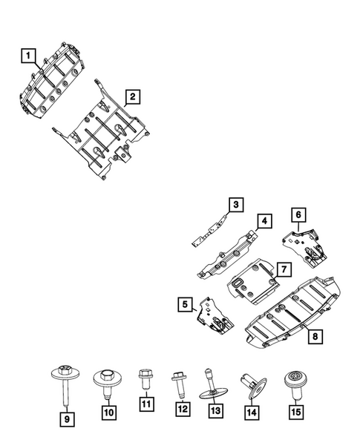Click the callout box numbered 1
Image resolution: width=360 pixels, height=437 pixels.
(x=27, y=55)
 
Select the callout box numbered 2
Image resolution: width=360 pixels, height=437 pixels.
(x=132, y=96)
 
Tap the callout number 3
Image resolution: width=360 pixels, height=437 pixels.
(x=235, y=204)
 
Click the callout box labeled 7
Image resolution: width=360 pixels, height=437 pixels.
(x=284, y=267)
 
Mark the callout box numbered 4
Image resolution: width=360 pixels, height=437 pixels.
(x=264, y=220)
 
